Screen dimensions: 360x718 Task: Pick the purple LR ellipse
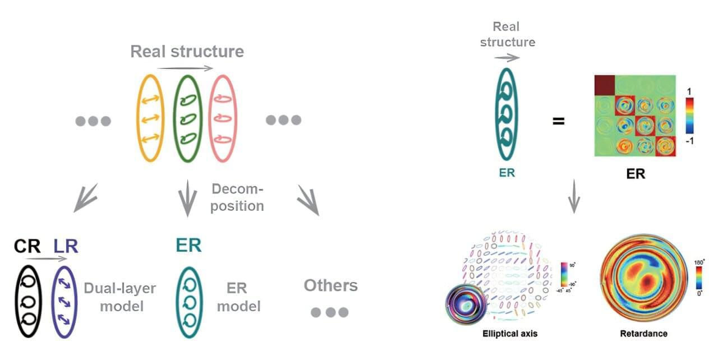63,301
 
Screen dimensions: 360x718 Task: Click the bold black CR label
27,246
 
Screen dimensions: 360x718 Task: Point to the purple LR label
66,246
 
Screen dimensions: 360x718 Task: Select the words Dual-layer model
120,297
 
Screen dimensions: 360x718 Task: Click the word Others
330,285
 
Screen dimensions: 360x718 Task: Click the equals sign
558,121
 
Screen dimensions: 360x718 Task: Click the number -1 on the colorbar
690,141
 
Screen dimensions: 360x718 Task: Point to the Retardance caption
643,334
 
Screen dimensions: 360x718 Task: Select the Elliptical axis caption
510,334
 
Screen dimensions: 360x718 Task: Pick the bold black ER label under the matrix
635,174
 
